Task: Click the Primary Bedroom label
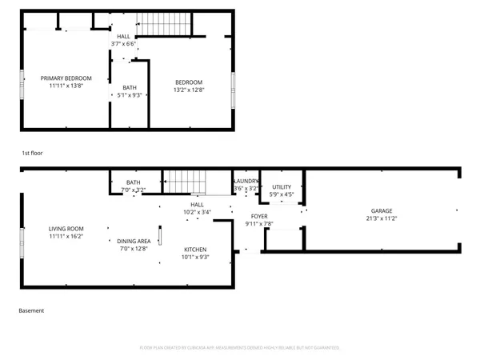pos(66,78)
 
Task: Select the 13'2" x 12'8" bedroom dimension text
pos(189,90)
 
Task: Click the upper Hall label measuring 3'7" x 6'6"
pos(123,36)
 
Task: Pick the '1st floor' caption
pos(32,151)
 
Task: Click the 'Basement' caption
pos(31,310)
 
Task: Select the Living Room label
pos(66,229)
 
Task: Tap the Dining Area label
pos(134,241)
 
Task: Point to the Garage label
pos(381,210)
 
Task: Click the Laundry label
pos(246,182)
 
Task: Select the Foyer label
pos(259,216)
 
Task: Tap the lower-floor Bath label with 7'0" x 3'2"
pos(133,182)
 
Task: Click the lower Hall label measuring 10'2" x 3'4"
pos(196,205)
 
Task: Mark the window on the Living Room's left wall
pos(22,242)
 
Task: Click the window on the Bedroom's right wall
pos(233,85)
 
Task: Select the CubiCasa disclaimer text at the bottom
pos(239,348)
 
